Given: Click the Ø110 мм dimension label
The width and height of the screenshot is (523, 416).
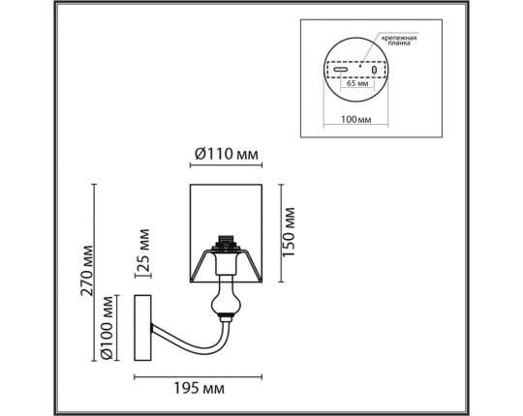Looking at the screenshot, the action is (x=226, y=154).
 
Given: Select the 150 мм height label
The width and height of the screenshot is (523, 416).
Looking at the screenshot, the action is (x=289, y=232).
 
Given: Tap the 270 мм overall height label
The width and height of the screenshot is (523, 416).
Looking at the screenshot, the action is (x=87, y=271).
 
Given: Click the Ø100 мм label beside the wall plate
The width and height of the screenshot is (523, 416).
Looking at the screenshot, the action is (x=108, y=328).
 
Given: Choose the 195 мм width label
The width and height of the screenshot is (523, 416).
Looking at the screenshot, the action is (x=200, y=388).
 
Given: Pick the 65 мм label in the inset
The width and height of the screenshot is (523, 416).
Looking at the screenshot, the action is (x=357, y=83).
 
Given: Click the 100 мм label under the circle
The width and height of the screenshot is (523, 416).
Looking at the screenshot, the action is (x=355, y=119).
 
